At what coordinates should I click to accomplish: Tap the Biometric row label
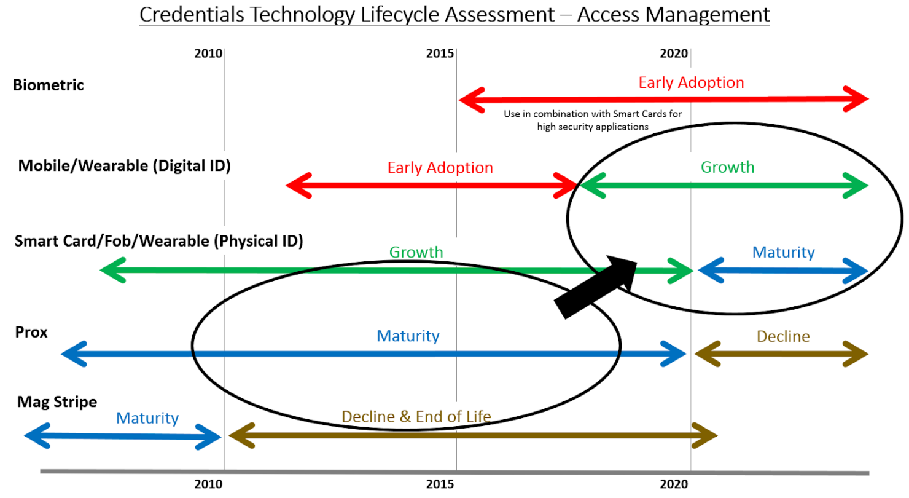[48, 85]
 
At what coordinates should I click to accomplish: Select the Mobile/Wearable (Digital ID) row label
[124, 165]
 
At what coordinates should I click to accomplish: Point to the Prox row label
[31, 332]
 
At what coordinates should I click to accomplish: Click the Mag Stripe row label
[56, 402]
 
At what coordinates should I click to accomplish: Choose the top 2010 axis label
[208, 53]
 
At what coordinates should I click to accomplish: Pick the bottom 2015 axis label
[440, 485]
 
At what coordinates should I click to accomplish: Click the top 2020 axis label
[674, 53]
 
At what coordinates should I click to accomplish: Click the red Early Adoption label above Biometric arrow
[691, 82]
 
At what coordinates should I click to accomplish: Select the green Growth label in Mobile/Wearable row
[727, 167]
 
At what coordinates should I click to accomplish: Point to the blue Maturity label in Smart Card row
[783, 252]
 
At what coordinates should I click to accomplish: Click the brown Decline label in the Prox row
[783, 336]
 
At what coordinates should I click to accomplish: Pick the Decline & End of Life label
[416, 416]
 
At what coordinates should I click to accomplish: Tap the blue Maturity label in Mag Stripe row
[147, 418]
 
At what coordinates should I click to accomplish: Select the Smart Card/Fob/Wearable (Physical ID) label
[158, 242]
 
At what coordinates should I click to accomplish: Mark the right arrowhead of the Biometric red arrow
[855, 100]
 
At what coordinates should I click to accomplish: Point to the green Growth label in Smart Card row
[416, 252]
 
